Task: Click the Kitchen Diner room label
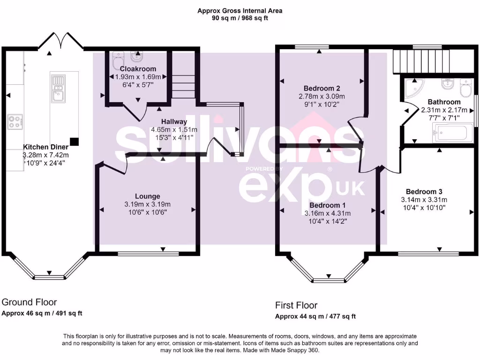click(x=46, y=147)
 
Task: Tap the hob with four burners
click(x=15, y=122)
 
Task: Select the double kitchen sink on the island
click(x=59, y=89)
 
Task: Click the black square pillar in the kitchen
click(x=74, y=141)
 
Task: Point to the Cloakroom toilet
click(x=117, y=60)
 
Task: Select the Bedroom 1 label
click(x=328, y=205)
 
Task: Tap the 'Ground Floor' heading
click(x=29, y=302)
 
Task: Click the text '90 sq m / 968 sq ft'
click(x=240, y=18)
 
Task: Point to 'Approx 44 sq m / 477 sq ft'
click(x=315, y=316)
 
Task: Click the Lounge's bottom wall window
click(x=148, y=254)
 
